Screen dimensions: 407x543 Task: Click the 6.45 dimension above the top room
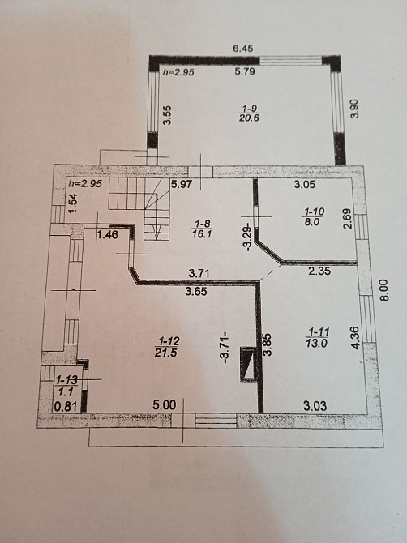pyautogui.click(x=242, y=48)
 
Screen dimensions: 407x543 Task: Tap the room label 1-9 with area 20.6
pyautogui.click(x=249, y=113)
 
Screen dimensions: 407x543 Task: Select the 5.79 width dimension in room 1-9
pyautogui.click(x=245, y=71)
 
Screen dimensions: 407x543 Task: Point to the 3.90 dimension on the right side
pyautogui.click(x=353, y=109)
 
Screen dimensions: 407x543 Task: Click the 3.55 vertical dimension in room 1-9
pyautogui.click(x=168, y=115)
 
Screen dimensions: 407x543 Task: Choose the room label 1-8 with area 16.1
pyautogui.click(x=202, y=229)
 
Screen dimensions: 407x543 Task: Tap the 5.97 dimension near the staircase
pyautogui.click(x=181, y=184)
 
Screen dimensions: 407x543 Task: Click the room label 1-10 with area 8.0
pyautogui.click(x=314, y=216)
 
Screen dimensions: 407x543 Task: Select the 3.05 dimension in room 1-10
pyautogui.click(x=305, y=185)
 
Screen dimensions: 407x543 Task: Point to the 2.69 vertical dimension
pyautogui.click(x=348, y=219)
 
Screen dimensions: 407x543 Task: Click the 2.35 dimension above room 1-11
pyautogui.click(x=319, y=271)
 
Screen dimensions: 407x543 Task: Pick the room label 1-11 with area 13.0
pyautogui.click(x=317, y=338)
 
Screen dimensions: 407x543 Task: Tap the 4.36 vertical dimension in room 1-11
pyautogui.click(x=357, y=338)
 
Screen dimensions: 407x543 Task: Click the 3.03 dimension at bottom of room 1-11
pyautogui.click(x=315, y=405)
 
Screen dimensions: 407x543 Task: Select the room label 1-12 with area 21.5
pyautogui.click(x=168, y=347)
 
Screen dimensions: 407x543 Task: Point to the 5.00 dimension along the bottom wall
pyautogui.click(x=165, y=405)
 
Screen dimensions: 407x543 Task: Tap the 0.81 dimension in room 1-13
pyautogui.click(x=66, y=406)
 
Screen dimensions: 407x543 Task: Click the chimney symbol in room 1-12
pyautogui.click(x=248, y=365)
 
